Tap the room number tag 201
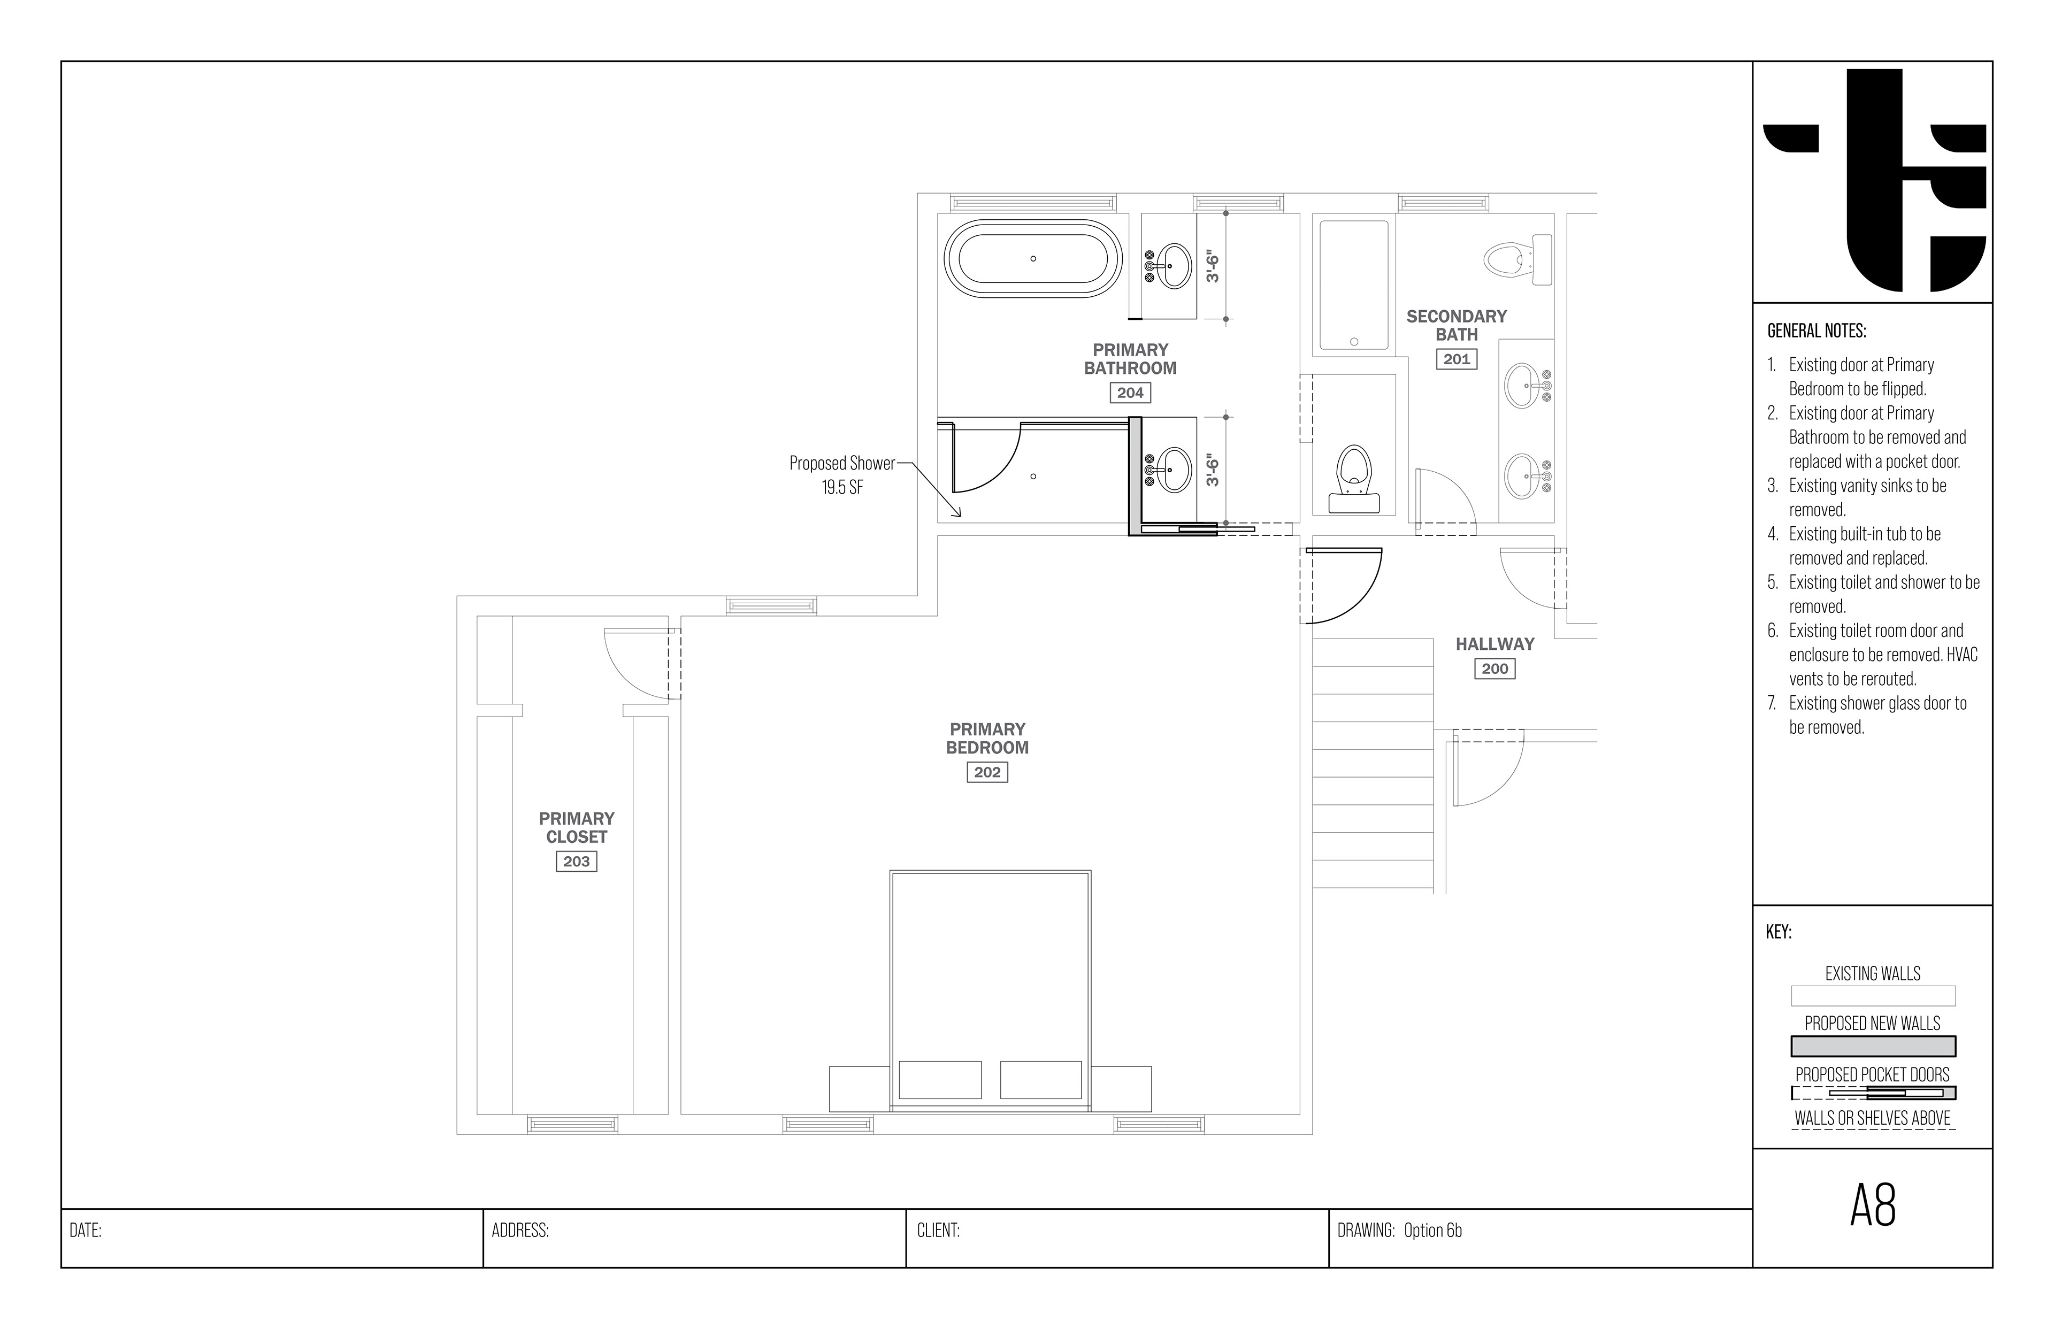tap(1457, 359)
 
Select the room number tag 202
tap(987, 772)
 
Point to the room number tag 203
tap(577, 861)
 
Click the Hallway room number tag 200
tap(1494, 669)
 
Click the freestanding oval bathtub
tap(1033, 259)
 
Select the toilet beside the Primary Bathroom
tap(1353, 479)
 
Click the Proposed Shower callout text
tap(842, 475)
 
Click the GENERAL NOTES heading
tap(1817, 331)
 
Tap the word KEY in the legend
tap(1779, 932)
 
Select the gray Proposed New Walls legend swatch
tap(1873, 1047)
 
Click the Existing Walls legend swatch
tap(1873, 996)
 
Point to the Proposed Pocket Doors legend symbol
tap(1873, 1093)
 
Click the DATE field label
tap(86, 1231)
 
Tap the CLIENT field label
tap(938, 1231)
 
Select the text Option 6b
tap(1432, 1231)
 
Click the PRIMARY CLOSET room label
tap(577, 827)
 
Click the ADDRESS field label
tap(520, 1231)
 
